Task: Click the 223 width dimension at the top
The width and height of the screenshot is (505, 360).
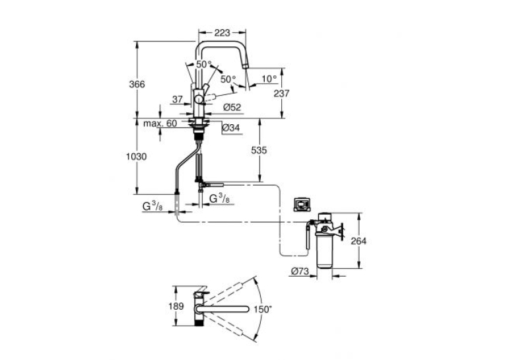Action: coord(222,32)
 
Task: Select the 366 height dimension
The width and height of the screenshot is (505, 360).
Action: coord(137,85)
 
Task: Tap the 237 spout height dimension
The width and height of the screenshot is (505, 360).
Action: coord(281,94)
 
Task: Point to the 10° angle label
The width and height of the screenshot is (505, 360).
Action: coord(269,79)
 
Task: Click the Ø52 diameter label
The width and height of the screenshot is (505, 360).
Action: coord(232,107)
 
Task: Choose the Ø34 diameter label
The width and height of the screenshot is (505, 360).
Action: coord(231,128)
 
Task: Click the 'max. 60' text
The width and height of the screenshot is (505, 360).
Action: coord(160,124)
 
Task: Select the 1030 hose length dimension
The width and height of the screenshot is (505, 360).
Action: coord(136,157)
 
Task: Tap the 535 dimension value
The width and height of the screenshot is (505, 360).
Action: coord(259,150)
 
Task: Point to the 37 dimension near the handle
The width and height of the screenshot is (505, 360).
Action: coord(178,100)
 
